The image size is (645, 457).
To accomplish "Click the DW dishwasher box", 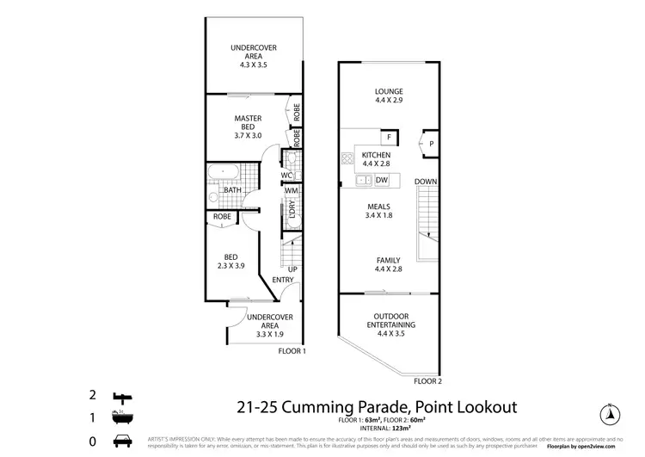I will (382, 180).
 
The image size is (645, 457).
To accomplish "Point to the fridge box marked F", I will (389, 138).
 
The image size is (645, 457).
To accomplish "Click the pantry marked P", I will (431, 144).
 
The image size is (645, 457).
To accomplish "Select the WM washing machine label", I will (291, 190).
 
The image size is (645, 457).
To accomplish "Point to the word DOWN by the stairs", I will (426, 182).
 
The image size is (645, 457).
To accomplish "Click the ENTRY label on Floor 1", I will (283, 280).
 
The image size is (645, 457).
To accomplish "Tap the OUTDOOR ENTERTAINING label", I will (389, 321).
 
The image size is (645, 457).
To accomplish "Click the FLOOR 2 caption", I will (427, 380).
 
